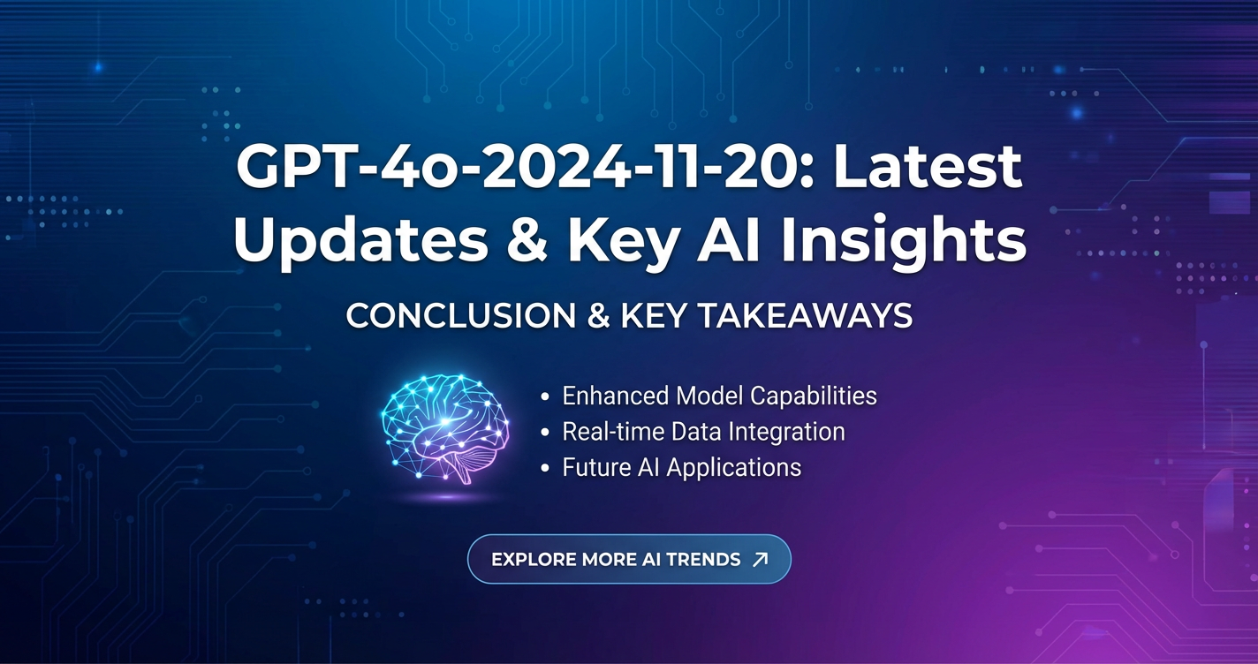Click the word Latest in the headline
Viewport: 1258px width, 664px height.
point(928,167)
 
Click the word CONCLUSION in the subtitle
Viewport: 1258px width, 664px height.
point(460,316)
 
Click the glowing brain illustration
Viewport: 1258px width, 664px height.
point(444,428)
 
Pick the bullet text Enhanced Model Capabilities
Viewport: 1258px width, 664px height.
point(719,396)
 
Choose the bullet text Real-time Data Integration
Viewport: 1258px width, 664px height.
point(704,432)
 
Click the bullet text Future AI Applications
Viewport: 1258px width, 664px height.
point(682,468)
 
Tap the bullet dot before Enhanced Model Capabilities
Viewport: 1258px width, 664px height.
point(544,396)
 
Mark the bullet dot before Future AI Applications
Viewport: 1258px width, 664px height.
point(544,468)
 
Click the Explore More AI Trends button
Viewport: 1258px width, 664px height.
point(629,559)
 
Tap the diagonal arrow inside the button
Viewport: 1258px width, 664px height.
point(760,559)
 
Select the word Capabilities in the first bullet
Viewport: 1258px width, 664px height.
point(814,396)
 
